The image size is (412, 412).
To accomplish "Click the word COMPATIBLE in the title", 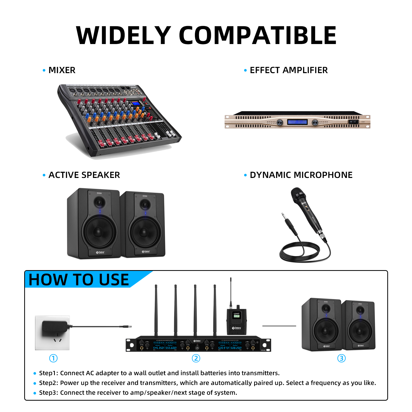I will pos(257,36).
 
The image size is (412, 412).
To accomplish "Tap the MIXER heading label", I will pos(62,70).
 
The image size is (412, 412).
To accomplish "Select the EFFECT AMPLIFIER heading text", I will pos(288,70).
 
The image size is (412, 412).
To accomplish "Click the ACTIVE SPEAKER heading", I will pos(84,175).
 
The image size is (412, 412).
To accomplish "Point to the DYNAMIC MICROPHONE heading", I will pos(301,175).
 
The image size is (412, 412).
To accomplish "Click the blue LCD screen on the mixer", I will pos(136,104).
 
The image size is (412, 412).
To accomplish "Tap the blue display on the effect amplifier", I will pos(297,122).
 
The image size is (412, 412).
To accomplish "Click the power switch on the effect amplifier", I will pos(354,122).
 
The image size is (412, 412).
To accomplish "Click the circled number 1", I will pos(53,358).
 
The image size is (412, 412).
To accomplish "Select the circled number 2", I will pos(196,358).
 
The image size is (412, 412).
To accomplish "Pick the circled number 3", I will pos(341,358).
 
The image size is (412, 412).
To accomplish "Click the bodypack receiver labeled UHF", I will pos(237,322).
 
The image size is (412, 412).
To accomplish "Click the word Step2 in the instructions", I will pos(48,383).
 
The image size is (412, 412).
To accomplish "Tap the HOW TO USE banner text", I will pos(79,280).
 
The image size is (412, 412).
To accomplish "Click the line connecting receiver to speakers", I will pos(279,326).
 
